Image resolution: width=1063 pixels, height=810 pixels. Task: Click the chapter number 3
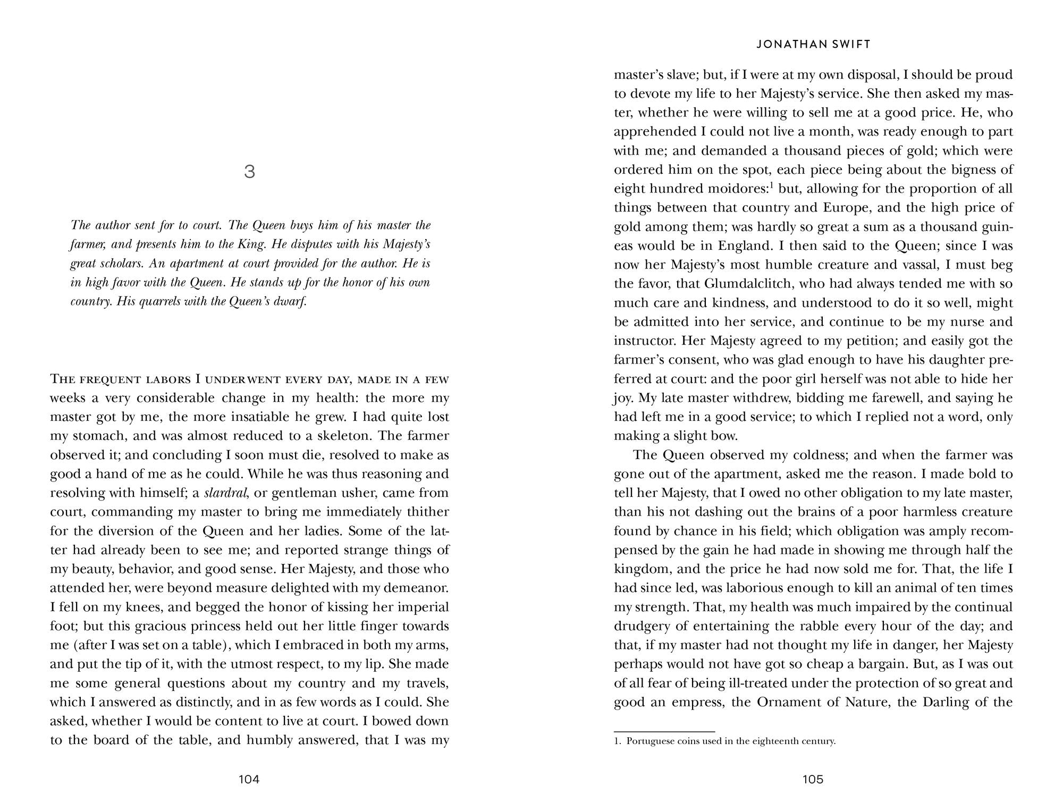click(x=249, y=172)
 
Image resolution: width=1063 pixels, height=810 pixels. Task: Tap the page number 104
click(x=249, y=779)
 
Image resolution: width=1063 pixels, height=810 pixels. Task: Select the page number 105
click(x=813, y=779)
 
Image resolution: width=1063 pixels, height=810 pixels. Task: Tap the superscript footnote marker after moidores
click(x=771, y=185)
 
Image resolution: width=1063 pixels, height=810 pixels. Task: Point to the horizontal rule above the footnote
click(x=664, y=731)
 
